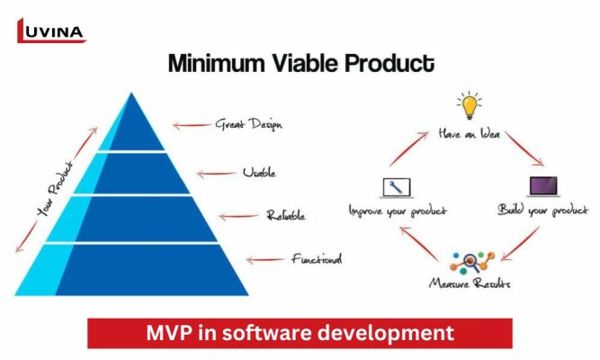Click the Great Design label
tap(247, 124)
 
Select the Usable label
tap(258, 171)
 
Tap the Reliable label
tap(285, 216)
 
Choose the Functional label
tap(316, 259)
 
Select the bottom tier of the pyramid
tap(135, 268)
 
